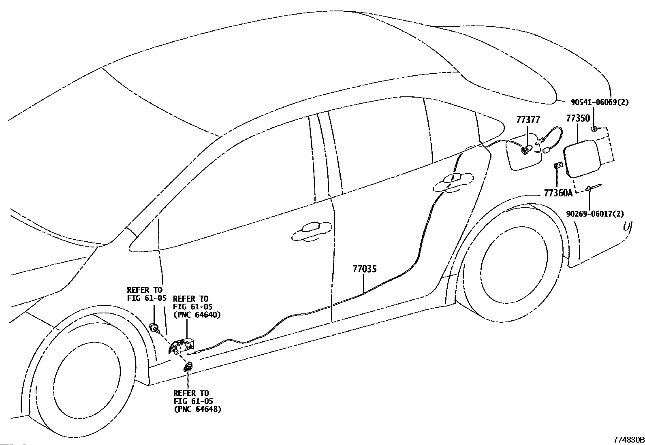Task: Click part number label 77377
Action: point(528,119)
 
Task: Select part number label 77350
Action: point(578,118)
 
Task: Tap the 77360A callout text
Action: point(558,193)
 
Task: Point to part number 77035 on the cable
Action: point(365,269)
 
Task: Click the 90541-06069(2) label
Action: point(600,102)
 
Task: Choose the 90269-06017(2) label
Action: point(595,214)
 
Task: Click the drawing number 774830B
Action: point(629,440)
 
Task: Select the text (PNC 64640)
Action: point(197,315)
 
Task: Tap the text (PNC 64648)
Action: point(198,409)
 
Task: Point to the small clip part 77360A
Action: point(558,166)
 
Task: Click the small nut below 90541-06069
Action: point(594,129)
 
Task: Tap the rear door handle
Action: point(453,182)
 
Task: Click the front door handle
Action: point(312,231)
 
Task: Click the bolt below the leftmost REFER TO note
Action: point(154,328)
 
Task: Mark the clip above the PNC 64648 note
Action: point(188,367)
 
